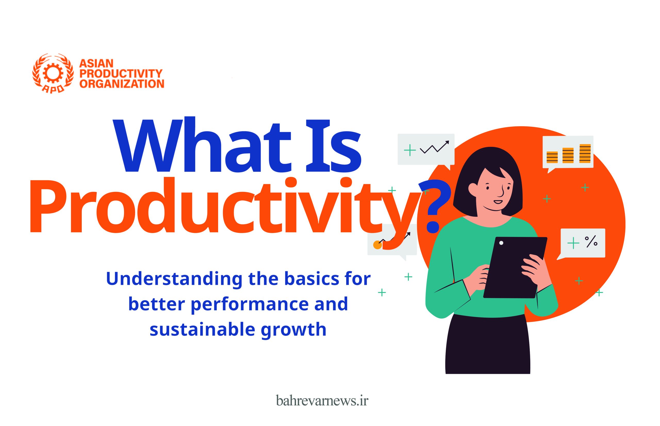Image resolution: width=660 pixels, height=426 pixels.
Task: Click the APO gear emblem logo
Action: point(53,73)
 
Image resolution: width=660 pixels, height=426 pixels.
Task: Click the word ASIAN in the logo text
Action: point(96,64)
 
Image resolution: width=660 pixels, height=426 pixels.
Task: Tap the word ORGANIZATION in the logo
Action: point(122,83)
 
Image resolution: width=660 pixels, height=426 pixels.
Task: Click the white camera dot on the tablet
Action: point(501,243)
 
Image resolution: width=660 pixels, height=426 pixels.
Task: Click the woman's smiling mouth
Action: point(498,202)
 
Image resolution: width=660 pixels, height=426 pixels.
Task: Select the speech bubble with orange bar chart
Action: point(568,154)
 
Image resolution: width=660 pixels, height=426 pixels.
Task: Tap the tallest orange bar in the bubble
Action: point(585,154)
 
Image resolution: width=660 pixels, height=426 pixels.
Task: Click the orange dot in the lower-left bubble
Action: point(378,245)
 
